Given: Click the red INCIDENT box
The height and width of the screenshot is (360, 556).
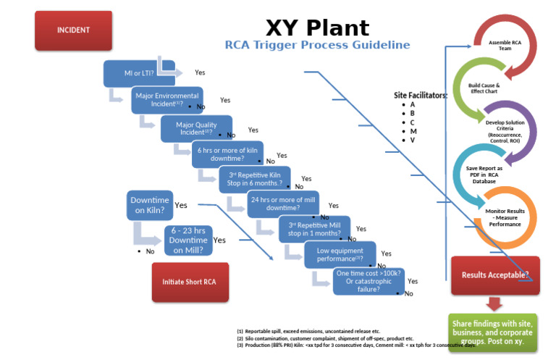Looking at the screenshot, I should click(x=73, y=30).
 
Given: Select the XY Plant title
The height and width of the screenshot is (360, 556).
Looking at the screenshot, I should click(x=317, y=28).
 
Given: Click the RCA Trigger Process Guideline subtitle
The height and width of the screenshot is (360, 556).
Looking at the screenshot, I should click(x=317, y=46).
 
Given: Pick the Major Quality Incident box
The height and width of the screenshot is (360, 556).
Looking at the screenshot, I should click(x=196, y=128).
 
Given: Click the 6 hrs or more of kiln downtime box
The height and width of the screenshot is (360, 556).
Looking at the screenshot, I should click(x=227, y=154).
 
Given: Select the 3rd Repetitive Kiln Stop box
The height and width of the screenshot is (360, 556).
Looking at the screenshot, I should click(x=254, y=179).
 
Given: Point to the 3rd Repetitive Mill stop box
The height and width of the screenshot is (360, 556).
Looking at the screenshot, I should click(x=314, y=229).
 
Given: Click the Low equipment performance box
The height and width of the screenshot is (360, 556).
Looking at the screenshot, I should click(x=340, y=254).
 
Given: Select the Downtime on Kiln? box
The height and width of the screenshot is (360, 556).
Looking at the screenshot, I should click(x=150, y=206).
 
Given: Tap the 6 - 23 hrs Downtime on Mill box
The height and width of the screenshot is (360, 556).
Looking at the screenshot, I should click(x=188, y=240).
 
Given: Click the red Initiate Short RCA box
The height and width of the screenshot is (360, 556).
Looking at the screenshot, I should click(x=189, y=282).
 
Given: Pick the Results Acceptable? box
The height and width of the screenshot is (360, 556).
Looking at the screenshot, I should click(x=495, y=275).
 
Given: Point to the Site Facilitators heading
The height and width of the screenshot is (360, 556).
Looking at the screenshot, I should click(x=420, y=95).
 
